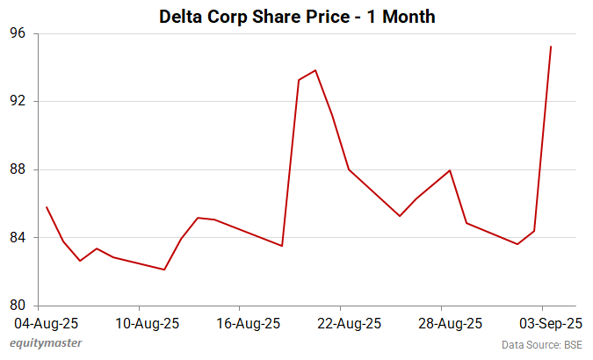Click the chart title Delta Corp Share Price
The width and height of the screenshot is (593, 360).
click(297, 16)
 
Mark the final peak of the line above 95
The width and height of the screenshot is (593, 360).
click(551, 47)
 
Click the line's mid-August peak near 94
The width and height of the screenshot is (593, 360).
click(315, 70)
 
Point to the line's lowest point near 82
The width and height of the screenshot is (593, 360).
click(164, 270)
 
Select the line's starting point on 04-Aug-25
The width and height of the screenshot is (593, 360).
click(47, 207)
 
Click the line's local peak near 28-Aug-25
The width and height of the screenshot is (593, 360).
click(450, 170)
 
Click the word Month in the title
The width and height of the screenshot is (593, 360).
click(403, 16)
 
